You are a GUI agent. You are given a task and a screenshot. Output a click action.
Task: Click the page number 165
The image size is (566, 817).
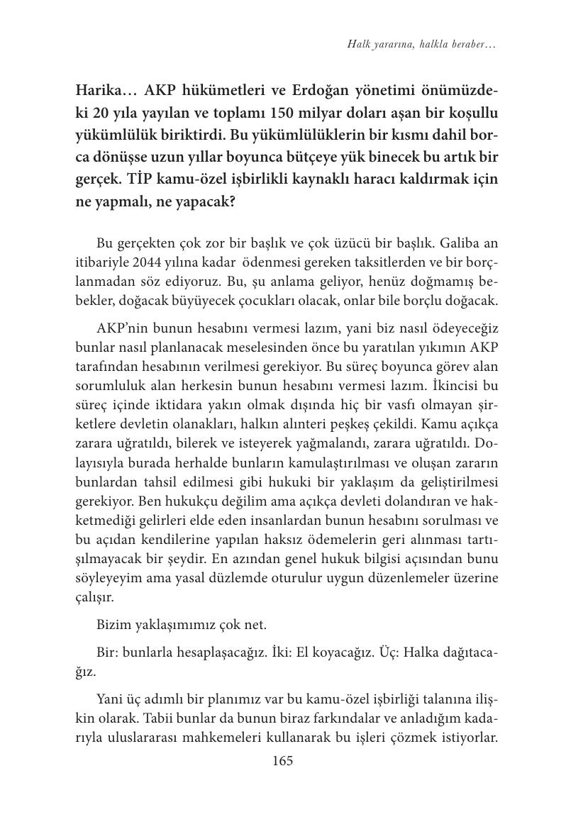[x=282, y=762]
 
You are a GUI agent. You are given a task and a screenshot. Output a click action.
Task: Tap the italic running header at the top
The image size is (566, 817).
[x=421, y=44]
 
